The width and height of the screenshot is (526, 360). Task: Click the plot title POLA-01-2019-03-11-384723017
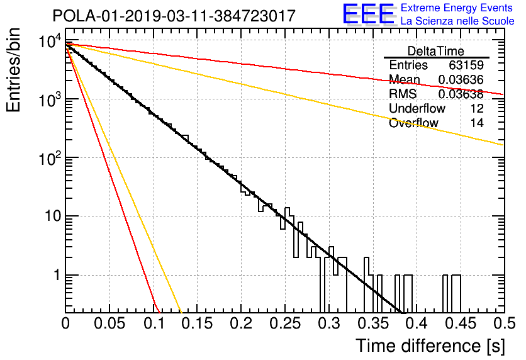pyautogui.click(x=174, y=16)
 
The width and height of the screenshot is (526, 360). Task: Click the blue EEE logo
pyautogui.click(x=369, y=14)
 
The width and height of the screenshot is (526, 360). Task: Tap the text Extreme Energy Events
pyautogui.click(x=457, y=8)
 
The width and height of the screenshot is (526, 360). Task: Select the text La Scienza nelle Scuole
pyautogui.click(x=457, y=21)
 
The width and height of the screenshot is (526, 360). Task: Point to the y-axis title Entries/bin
pyautogui.click(x=13, y=70)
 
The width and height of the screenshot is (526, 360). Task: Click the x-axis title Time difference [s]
pyautogui.click(x=430, y=346)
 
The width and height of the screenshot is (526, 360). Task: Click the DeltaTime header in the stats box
pyautogui.click(x=436, y=52)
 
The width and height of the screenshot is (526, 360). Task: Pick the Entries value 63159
pyautogui.click(x=466, y=65)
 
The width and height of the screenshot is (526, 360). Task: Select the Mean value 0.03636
pyautogui.click(x=461, y=80)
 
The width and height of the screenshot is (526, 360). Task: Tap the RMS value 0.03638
pyautogui.click(x=461, y=94)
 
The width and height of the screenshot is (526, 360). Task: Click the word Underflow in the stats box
pyautogui.click(x=417, y=108)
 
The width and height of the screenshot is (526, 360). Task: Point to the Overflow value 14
pyautogui.click(x=477, y=123)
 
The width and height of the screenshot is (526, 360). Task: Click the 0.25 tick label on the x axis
pyautogui.click(x=286, y=323)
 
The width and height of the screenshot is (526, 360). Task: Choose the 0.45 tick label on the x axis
pyautogui.click(x=461, y=323)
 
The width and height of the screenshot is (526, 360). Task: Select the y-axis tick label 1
pyautogui.click(x=57, y=276)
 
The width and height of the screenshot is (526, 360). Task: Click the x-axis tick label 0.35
pyautogui.click(x=373, y=323)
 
